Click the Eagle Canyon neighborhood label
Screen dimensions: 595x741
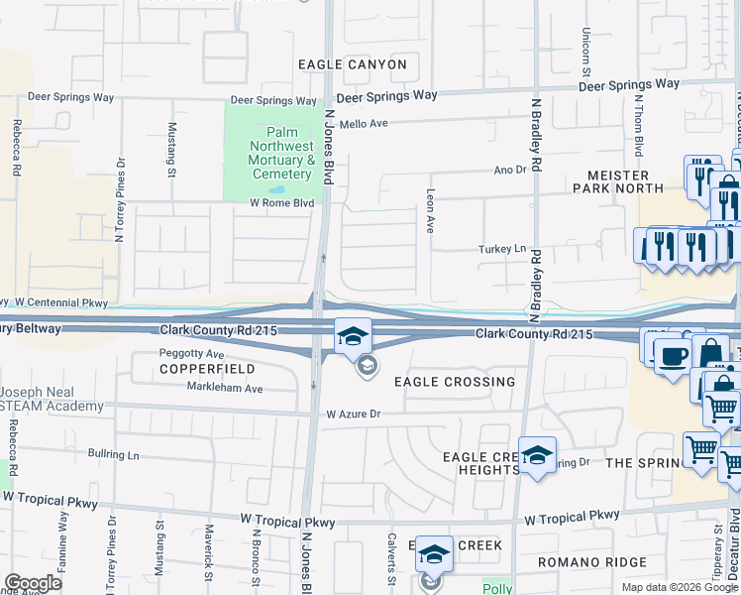coord(353,64)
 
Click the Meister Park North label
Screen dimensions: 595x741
coord(618,180)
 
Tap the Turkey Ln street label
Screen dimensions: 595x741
coord(500,249)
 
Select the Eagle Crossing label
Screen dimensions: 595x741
coord(455,382)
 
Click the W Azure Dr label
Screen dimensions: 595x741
coord(348,414)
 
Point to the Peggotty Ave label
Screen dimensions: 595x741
coord(192,353)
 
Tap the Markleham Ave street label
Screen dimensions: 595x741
coord(226,389)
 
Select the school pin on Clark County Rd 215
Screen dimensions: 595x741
coord(353,337)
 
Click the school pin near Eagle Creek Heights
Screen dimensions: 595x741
coord(537,455)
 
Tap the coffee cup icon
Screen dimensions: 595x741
coord(674,355)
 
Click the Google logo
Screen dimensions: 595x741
coord(34,583)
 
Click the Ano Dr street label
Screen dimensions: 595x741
coord(510,171)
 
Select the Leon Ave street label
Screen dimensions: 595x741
coord(430,211)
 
